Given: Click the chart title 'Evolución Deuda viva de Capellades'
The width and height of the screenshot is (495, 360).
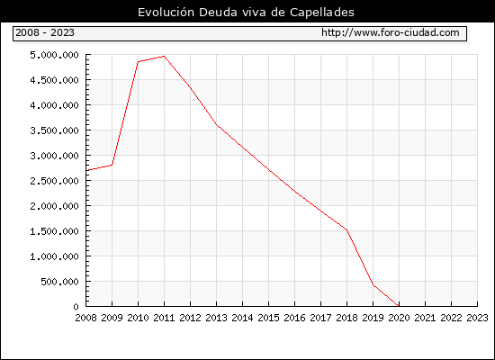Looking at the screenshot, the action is [x=246, y=13].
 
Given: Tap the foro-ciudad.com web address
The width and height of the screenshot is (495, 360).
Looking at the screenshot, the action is [x=391, y=32].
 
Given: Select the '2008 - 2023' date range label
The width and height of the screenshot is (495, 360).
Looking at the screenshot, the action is [x=45, y=32].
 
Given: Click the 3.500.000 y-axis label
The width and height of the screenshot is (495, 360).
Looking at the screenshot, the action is [x=54, y=130].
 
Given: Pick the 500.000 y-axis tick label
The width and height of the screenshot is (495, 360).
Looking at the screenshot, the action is [x=59, y=282].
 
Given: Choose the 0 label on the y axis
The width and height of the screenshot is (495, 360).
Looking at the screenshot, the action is [x=76, y=307].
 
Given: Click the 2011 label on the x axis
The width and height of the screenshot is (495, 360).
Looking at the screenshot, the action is [x=164, y=318].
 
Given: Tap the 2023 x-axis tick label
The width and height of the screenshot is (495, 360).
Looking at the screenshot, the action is [x=477, y=318].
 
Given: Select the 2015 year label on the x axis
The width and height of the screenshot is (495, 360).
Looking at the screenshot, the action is [x=269, y=318].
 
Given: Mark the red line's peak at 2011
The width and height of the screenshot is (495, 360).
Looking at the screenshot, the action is [x=164, y=56].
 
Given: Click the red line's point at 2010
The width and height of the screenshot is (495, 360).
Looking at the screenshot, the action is [x=139, y=61].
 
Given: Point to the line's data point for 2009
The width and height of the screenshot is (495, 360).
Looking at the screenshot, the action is [x=112, y=165].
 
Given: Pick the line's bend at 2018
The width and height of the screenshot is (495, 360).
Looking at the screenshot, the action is [x=346, y=229].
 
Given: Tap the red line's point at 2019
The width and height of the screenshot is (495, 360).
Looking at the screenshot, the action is [x=373, y=285].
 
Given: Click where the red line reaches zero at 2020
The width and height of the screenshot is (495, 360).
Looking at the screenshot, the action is [x=399, y=306].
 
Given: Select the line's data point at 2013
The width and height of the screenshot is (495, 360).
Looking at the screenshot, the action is [x=217, y=125].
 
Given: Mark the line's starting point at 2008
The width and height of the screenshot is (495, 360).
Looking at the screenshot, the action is [x=86, y=170].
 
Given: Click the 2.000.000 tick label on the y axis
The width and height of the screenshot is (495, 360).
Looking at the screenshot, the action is [x=54, y=206].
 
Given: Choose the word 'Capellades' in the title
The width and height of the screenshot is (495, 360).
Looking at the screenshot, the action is [x=322, y=13].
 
